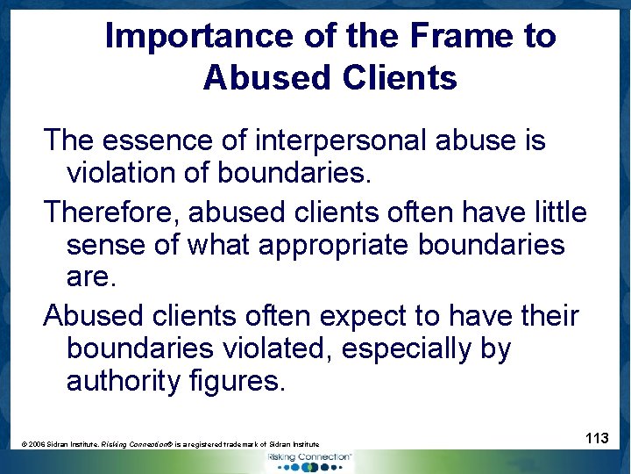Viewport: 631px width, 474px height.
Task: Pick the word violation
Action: click(124, 173)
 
